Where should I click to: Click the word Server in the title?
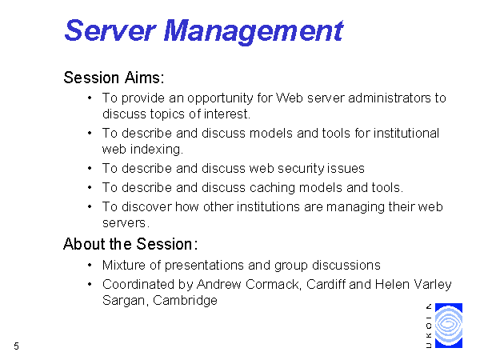110,30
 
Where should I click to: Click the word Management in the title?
254,32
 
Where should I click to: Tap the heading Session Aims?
114,78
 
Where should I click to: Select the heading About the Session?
130,244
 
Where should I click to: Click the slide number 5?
17,346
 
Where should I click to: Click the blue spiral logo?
449,326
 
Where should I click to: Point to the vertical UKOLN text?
429,326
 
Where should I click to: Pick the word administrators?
390,98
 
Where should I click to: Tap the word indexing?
157,150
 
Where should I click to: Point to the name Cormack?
273,284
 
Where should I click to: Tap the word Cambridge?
185,301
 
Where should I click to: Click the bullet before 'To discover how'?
90,206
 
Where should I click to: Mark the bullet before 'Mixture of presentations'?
90,265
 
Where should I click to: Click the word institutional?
406,133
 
